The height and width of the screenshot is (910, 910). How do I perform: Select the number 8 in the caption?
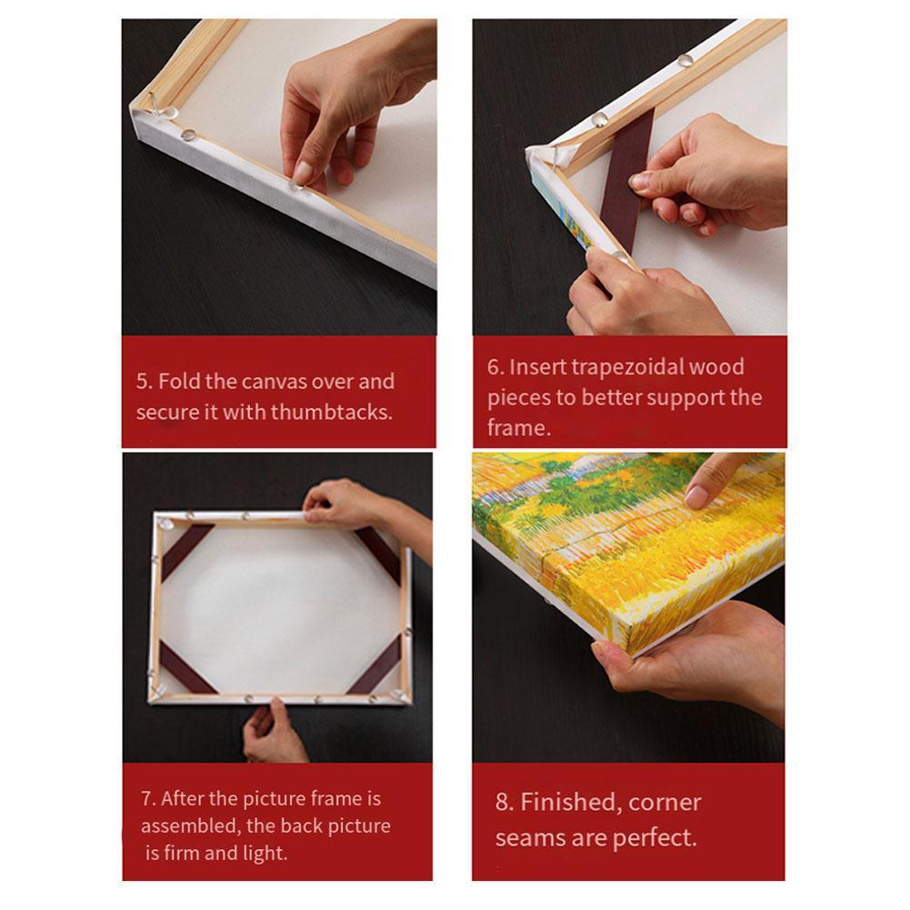click(x=503, y=803)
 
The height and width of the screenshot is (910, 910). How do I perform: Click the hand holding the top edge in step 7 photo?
click(x=345, y=503)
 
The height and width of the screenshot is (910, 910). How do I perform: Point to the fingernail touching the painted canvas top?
click(x=697, y=496)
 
